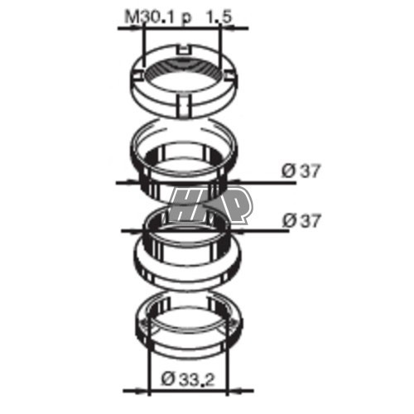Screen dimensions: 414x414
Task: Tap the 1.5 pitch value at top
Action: (219, 17)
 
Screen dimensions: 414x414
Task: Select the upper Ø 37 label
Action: (301, 171)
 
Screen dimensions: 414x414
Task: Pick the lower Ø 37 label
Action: (301, 221)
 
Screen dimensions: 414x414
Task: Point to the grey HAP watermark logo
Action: (210, 205)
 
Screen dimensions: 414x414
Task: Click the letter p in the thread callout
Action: (186, 19)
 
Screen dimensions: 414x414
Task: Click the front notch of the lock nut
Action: (184, 105)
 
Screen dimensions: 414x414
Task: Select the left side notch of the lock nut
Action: (137, 75)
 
